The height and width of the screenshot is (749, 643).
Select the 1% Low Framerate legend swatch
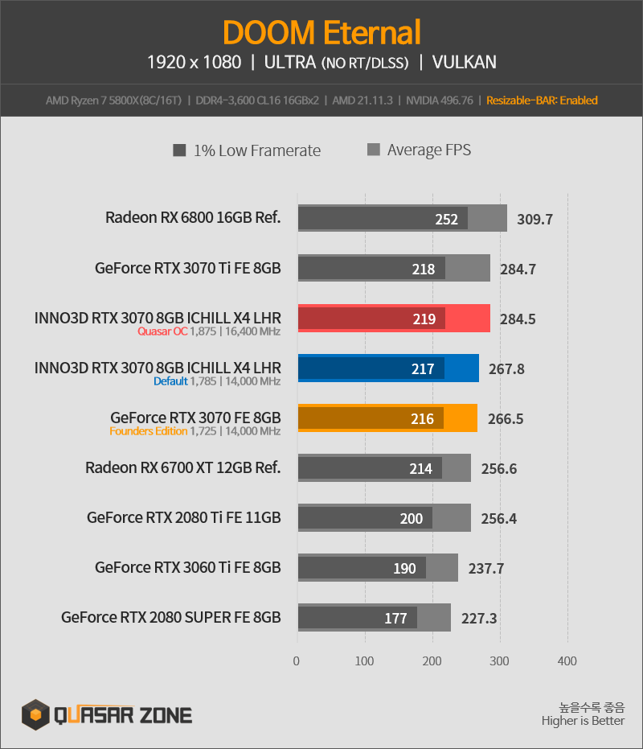coord(179,150)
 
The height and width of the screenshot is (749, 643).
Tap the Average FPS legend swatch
coord(373,150)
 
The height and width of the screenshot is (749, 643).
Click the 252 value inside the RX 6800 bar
coord(446,220)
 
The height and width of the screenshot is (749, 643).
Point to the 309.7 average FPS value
coord(534,220)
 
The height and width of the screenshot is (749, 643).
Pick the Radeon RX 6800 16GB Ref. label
coord(193,217)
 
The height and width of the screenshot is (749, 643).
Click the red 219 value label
coord(424,319)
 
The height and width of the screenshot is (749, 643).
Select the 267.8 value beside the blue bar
coord(506,368)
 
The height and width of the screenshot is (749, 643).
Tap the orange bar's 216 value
coord(422,419)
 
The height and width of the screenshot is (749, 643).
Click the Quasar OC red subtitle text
coord(162,331)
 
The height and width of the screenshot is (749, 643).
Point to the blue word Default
coord(170,381)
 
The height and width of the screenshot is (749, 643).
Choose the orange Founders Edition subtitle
coord(149,431)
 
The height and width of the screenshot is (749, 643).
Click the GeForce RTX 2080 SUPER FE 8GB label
coord(171,617)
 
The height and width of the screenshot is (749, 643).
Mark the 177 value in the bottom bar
coord(395,619)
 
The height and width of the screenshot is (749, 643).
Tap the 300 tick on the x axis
coord(499,661)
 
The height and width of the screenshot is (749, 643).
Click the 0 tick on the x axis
coord(297,661)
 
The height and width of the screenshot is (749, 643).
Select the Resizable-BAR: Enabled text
coord(542,101)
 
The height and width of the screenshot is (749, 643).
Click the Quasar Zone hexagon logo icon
coord(35,714)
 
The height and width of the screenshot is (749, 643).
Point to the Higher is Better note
coord(583,720)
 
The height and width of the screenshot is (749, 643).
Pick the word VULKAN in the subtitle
coord(464,62)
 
